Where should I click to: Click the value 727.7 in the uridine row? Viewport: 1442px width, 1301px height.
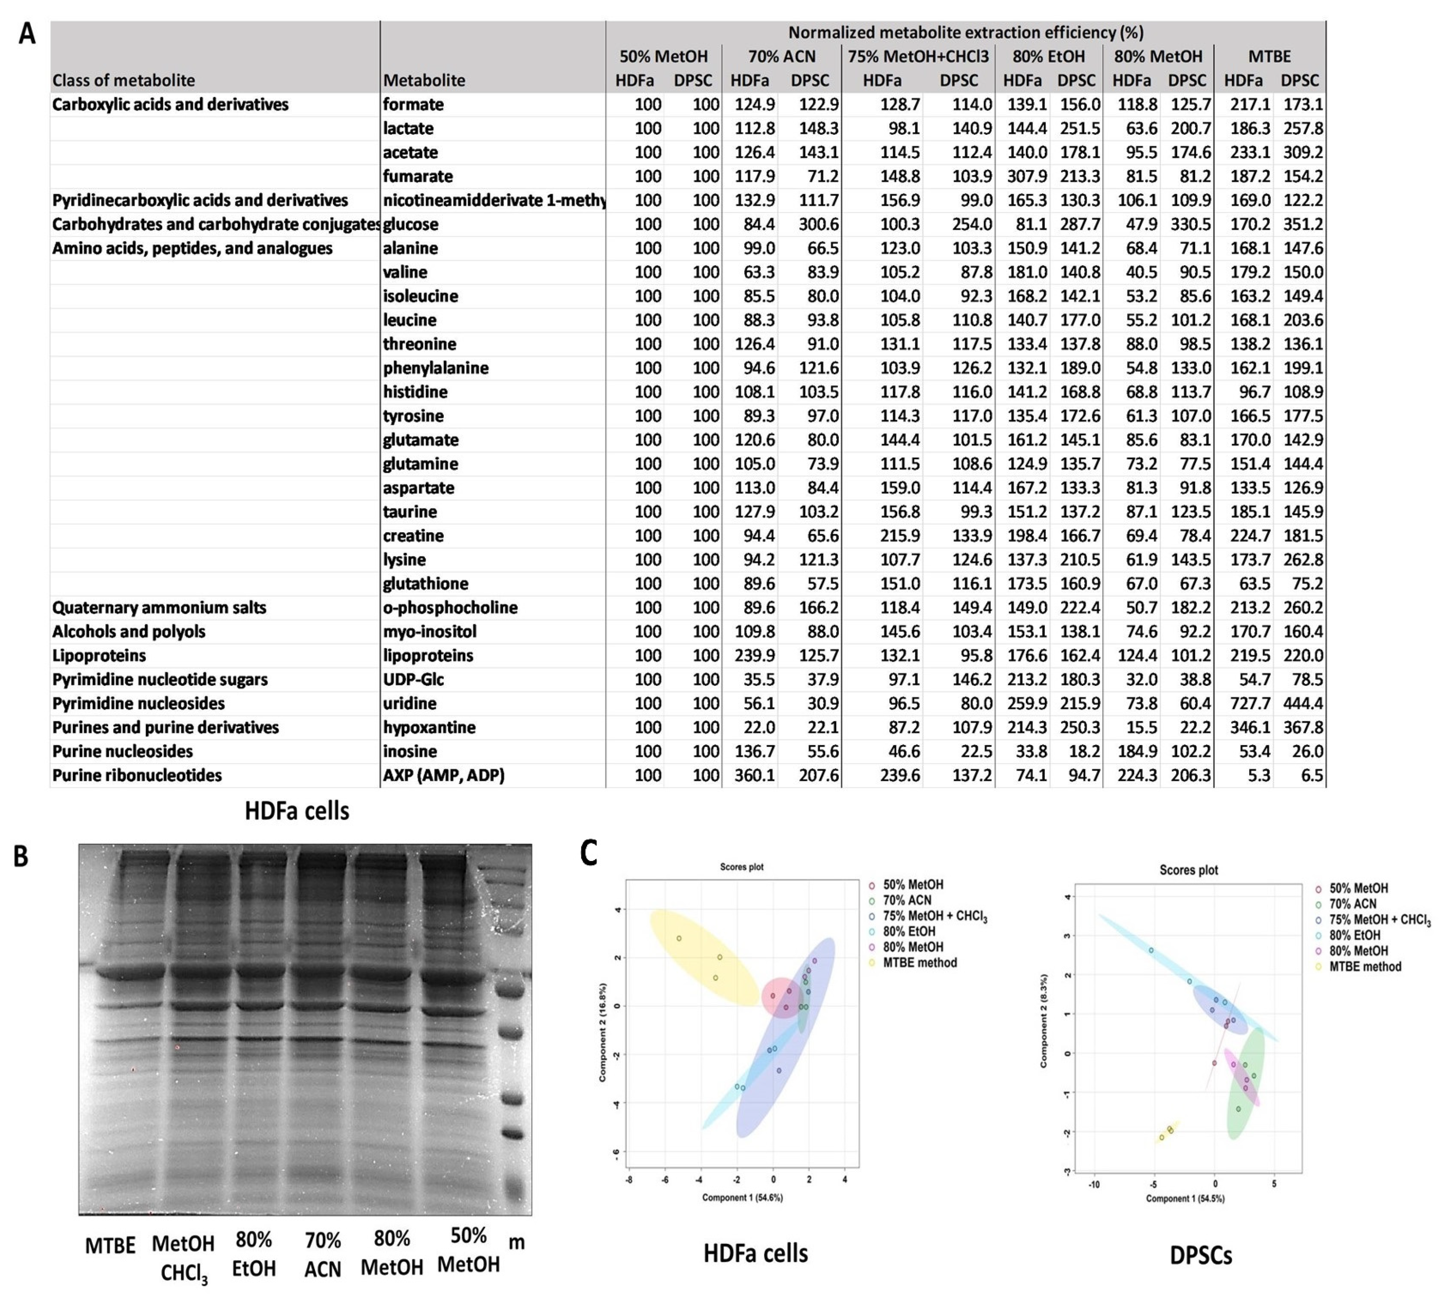click(1250, 703)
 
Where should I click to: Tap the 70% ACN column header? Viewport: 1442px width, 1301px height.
click(781, 57)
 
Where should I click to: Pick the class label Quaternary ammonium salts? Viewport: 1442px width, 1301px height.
click(159, 608)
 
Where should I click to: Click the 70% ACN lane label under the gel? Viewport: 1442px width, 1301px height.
click(322, 1254)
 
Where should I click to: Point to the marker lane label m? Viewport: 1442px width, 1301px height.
click(516, 1243)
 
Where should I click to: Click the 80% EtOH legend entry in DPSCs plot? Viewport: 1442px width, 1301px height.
click(1354, 935)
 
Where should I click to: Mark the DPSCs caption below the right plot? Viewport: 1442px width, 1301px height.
click(1200, 1255)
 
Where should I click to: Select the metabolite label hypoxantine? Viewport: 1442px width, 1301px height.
click(428, 727)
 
